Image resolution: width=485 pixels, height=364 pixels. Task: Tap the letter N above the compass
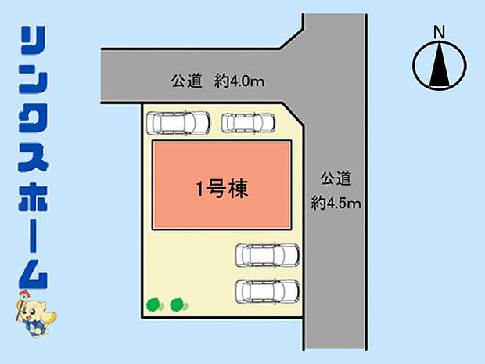pos(439,33)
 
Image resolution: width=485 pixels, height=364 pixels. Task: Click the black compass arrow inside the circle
pos(438,66)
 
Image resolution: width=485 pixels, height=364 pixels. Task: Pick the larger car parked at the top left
pos(178,124)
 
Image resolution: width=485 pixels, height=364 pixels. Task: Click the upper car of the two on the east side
pos(268,255)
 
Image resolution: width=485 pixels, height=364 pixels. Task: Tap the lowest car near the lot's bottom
pos(268,290)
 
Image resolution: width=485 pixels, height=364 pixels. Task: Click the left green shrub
pos(153,304)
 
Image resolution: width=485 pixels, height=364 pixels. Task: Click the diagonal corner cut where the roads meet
pos(291,37)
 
